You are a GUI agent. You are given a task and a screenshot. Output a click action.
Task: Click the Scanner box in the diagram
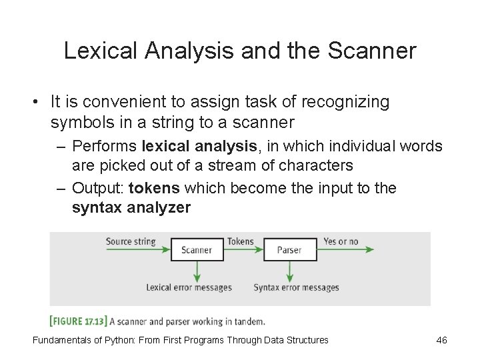[197, 250]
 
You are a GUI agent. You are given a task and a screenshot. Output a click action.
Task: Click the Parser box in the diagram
[289, 250]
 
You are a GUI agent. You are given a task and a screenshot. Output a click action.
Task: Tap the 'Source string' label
[131, 241]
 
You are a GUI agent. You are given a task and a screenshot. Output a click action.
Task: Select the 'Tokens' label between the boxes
[240, 241]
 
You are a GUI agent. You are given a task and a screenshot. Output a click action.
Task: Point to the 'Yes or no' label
[341, 241]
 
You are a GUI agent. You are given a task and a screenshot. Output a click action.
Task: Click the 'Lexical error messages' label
[189, 288]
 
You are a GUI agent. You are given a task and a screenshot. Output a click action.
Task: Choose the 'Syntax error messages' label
[296, 288]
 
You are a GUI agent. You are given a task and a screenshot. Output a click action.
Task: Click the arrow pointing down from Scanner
[197, 271]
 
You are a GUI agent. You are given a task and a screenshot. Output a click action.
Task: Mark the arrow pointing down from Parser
[289, 271]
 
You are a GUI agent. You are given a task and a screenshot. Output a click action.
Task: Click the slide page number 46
[441, 340]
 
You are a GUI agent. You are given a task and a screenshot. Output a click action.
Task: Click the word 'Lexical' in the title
[99, 52]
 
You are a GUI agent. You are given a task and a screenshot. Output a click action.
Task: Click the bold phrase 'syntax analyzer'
[131, 208]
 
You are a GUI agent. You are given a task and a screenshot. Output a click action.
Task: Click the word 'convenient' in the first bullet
[120, 103]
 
